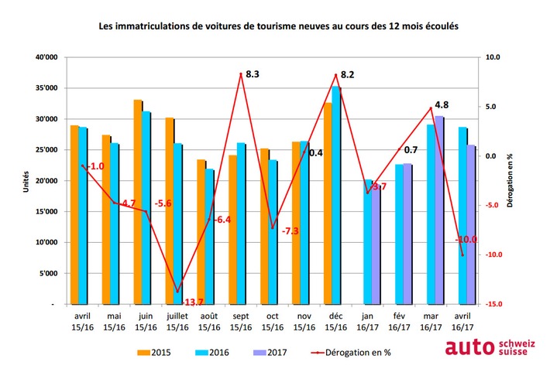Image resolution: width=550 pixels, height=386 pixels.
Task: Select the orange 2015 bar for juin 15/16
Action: click(138, 202)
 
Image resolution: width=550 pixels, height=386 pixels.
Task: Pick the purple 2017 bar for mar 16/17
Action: click(438, 210)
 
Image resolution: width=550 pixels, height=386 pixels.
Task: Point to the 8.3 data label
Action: click(252, 74)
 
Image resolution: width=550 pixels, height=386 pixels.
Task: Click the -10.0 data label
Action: click(467, 240)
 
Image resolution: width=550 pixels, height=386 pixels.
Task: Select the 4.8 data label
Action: click(442, 104)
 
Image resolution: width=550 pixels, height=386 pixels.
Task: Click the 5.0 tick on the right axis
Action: click(493, 107)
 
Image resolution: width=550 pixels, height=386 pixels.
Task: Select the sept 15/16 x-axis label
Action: click(240, 322)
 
